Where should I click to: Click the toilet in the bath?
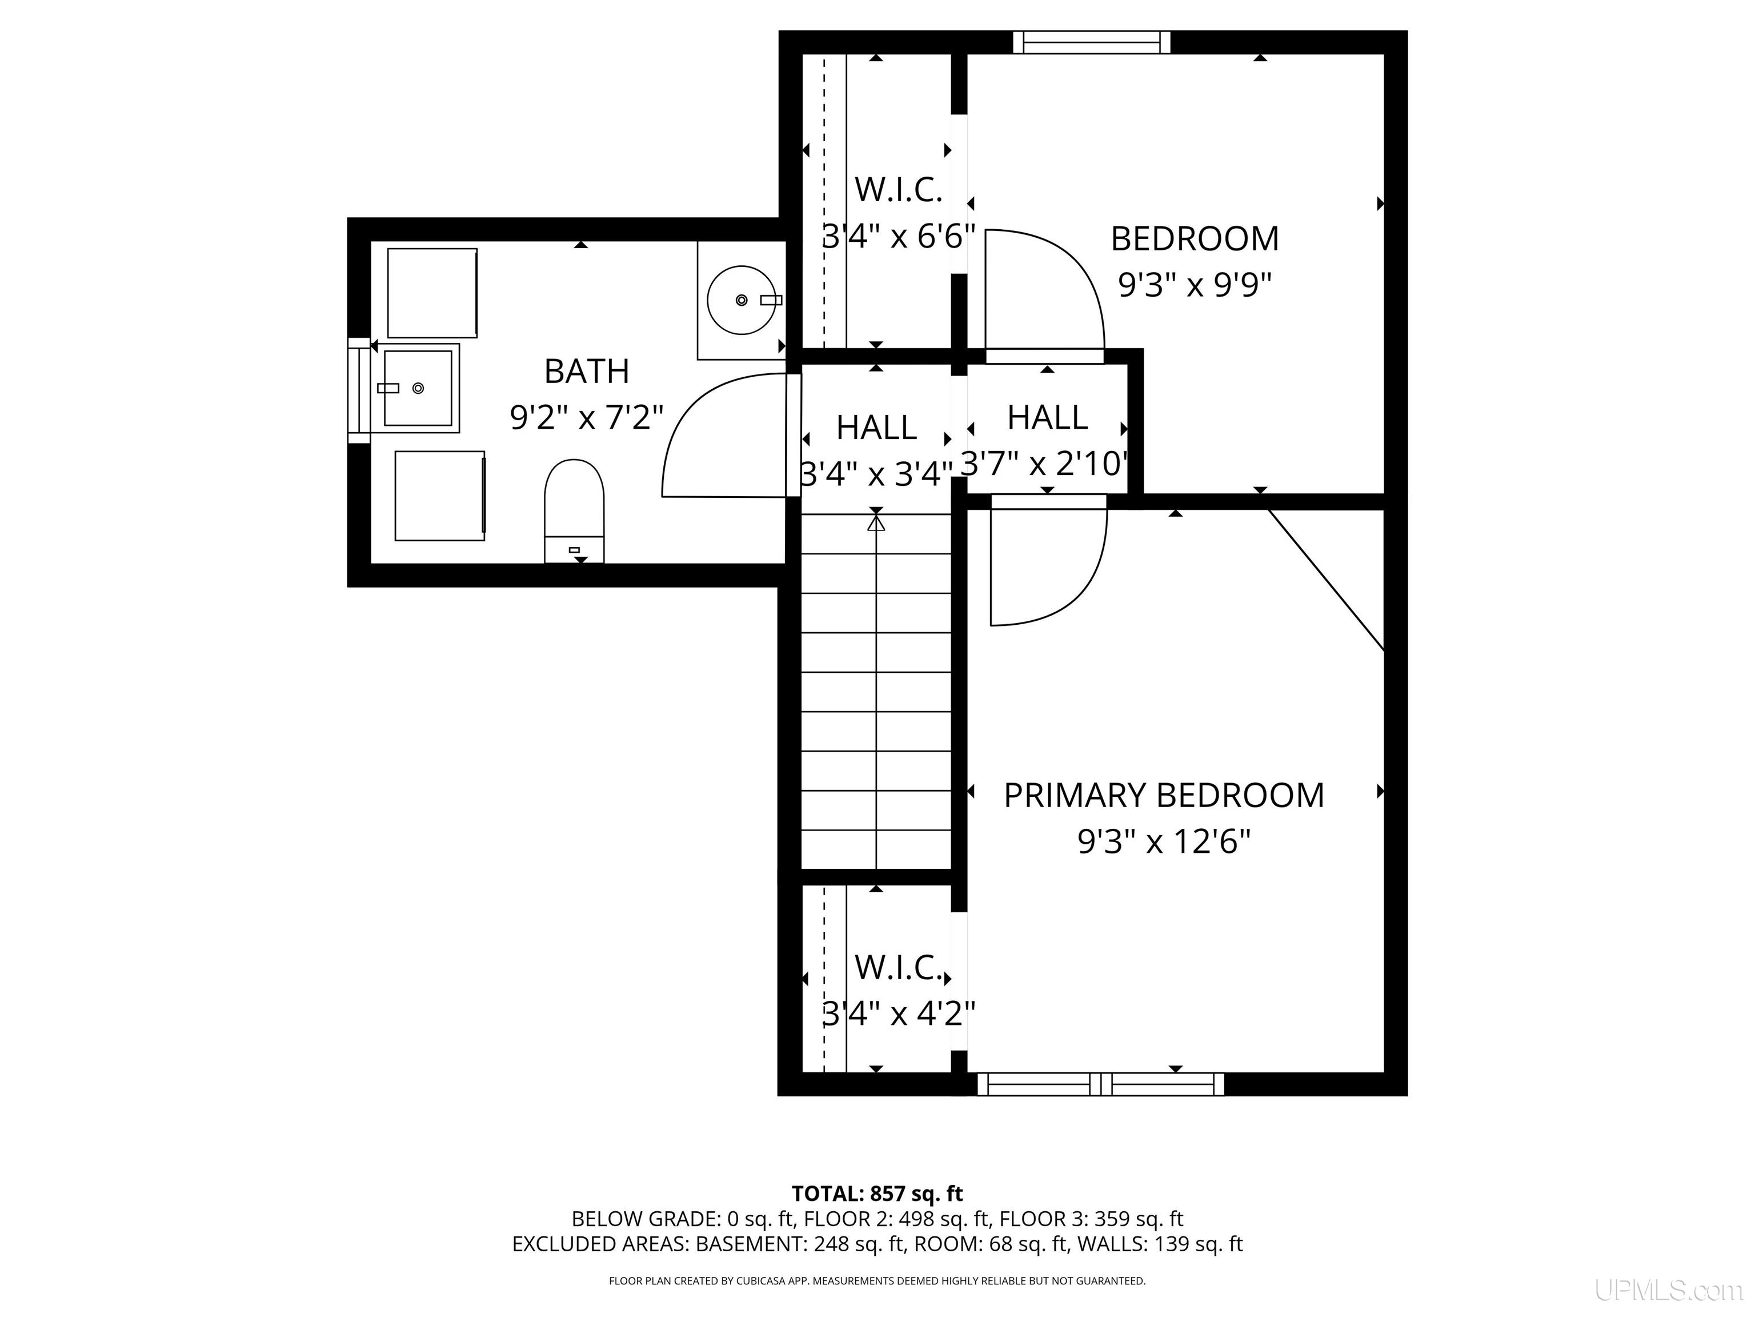point(574,510)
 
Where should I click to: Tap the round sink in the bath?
point(741,300)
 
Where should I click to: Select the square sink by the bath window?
point(418,388)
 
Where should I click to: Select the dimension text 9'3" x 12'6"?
point(1164,841)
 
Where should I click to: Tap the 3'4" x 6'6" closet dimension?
point(898,236)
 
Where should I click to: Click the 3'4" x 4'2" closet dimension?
point(898,1013)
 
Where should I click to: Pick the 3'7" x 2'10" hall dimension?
point(1045,463)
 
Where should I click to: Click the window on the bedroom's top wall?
point(1092,42)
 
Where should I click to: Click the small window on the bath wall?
point(359,390)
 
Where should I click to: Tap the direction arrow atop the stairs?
point(876,523)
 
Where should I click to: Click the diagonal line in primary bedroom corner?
point(1326,580)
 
